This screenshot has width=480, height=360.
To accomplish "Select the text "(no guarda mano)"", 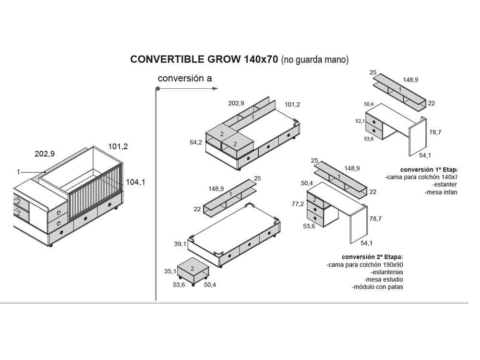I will [x=314, y=60].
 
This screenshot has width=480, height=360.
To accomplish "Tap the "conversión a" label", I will [x=185, y=78].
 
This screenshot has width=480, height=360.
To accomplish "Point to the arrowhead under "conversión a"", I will [x=216, y=88].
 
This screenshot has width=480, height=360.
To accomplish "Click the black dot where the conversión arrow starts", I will [x=157, y=89].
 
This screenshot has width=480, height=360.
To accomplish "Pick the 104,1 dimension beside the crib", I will [x=135, y=182].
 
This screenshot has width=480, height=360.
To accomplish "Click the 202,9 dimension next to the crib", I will [x=45, y=154].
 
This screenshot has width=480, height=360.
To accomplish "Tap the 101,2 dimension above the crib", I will [x=118, y=147].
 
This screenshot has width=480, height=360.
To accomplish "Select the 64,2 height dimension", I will [x=196, y=143].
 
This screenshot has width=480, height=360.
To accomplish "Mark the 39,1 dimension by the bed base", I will [x=180, y=244].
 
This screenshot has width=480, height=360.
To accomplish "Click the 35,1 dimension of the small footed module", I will [x=170, y=271].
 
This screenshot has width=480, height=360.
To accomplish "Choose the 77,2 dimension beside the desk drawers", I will [x=298, y=204].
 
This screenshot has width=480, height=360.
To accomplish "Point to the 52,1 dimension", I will [x=360, y=121].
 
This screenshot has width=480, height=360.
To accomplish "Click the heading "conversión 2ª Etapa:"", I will [x=372, y=257].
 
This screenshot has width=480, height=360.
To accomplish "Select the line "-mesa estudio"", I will [x=384, y=279].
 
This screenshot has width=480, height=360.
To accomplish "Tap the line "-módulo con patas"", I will [x=377, y=287].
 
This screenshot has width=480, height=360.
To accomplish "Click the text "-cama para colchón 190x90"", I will [x=364, y=264].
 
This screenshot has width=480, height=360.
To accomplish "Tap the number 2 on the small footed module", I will [x=192, y=268].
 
